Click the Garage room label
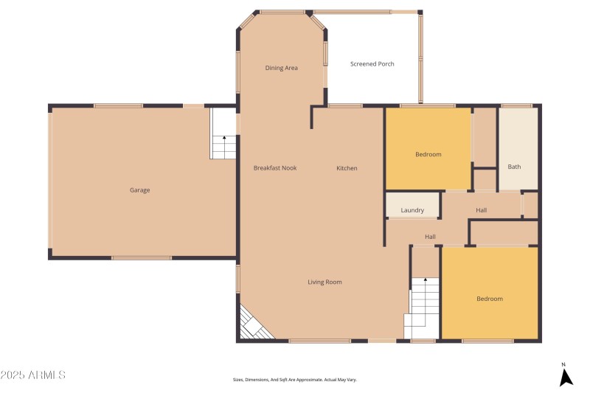pos(140,190)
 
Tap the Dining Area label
pos(282,68)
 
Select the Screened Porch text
pos(372,64)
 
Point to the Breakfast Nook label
pos(275,168)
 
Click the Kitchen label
pos(347,168)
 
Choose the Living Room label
pos(324,282)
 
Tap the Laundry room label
pos(412,210)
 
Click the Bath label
pos(514,167)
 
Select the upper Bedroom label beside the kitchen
pos(428,154)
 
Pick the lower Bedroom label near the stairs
pos(489,299)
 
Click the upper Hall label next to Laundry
pos(481,210)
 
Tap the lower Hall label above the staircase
pos(430,237)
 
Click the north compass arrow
pos(566,378)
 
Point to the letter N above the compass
pos(563,364)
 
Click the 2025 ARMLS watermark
pos(34,375)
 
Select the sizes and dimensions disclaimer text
pos(294,380)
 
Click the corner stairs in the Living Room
pos(252,325)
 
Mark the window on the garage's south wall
pos(142,257)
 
